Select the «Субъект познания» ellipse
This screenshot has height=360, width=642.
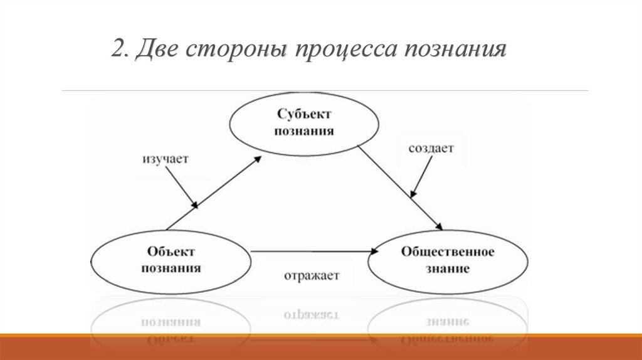coord(305,124)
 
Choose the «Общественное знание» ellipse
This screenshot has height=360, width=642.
coord(447,260)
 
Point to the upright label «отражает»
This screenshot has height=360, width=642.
coord(311,275)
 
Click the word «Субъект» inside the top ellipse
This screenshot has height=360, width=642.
coord(305,115)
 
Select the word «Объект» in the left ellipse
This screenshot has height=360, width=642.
coord(171,251)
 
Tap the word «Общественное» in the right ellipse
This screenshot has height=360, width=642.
coord(447,252)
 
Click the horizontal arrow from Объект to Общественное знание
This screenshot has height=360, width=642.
coord(313,251)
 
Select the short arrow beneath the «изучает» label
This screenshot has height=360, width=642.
coord(186,188)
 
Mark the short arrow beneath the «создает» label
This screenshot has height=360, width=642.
coord(421,177)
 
